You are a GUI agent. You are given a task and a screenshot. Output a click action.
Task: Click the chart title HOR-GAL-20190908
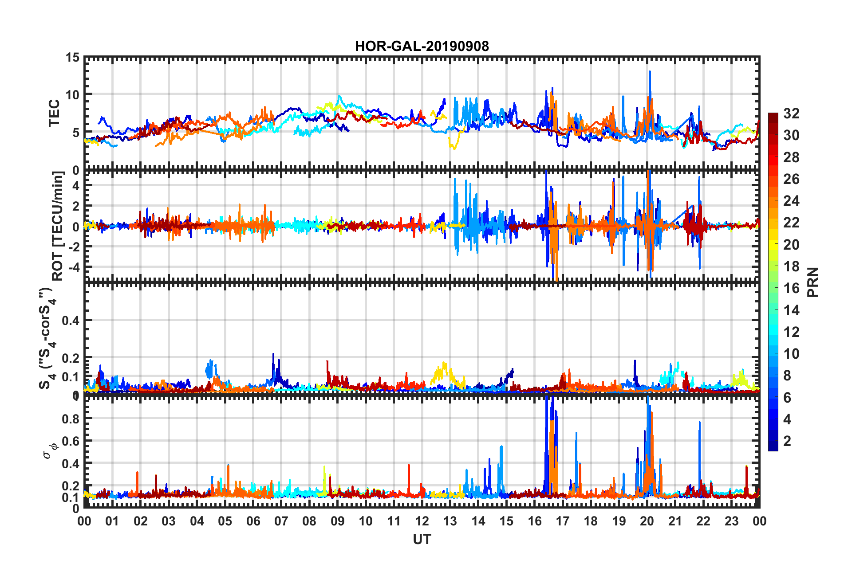click(422, 46)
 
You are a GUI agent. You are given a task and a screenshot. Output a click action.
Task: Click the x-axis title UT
click(422, 539)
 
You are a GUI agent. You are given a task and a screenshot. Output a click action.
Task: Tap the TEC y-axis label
click(54, 113)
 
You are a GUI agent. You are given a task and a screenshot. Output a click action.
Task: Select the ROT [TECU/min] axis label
click(58, 226)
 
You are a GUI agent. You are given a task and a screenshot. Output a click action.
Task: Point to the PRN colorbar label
click(813, 282)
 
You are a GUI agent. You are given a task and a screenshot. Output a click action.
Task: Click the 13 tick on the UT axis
click(450, 521)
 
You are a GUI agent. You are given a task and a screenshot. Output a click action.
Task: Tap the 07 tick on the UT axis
click(281, 521)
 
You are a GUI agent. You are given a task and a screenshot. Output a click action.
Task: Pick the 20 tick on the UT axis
click(647, 521)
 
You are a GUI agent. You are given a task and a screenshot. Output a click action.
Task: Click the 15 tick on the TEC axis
click(72, 58)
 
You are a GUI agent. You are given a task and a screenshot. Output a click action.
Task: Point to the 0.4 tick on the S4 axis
click(71, 320)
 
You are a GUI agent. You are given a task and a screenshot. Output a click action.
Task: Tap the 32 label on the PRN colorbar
click(791, 114)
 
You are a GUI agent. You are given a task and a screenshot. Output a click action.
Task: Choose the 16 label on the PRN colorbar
click(791, 288)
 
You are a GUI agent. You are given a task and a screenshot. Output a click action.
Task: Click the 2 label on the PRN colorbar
click(787, 441)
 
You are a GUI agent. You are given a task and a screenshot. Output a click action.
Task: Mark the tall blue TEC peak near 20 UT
click(650, 72)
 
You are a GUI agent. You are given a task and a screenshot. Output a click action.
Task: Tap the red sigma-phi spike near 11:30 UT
click(409, 466)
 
